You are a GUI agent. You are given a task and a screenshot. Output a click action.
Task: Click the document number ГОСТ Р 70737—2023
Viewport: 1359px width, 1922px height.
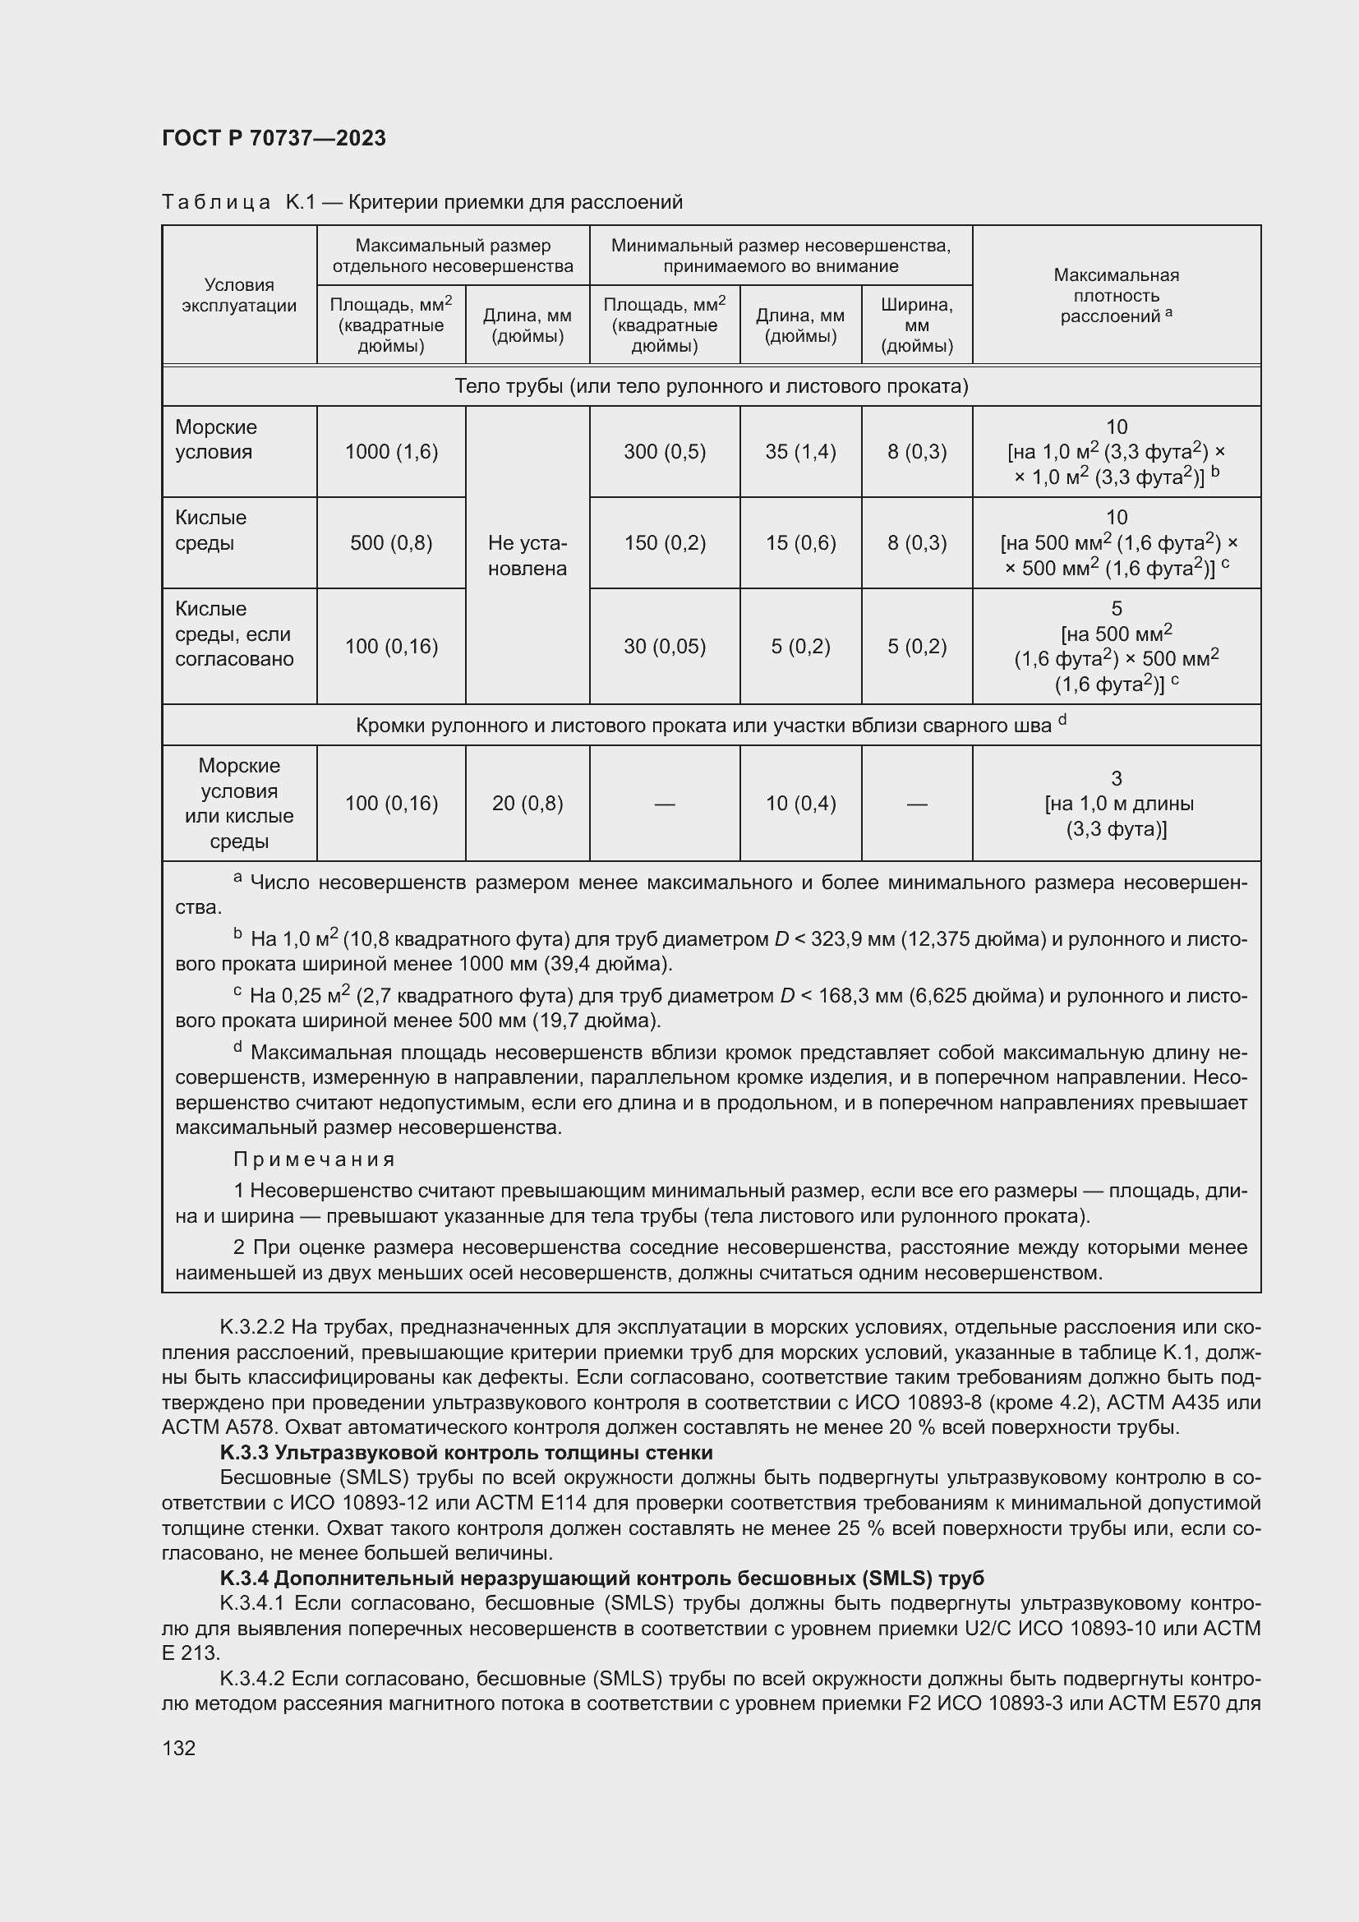point(274,138)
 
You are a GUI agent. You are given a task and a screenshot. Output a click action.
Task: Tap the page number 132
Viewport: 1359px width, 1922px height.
point(178,1748)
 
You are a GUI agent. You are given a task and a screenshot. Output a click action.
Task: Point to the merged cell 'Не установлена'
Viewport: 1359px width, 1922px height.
point(527,555)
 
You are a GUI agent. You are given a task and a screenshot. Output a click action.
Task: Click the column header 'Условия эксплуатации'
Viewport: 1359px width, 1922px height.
point(238,295)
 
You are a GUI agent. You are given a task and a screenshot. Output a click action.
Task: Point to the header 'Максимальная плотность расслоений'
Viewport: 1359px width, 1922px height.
point(1116,296)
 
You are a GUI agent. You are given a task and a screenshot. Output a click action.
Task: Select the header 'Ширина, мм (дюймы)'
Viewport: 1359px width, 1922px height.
point(916,325)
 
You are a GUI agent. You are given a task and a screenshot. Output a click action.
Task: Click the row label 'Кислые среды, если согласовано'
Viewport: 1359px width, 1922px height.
point(233,634)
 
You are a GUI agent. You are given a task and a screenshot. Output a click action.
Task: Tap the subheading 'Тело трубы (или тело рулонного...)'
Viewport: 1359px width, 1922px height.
point(711,386)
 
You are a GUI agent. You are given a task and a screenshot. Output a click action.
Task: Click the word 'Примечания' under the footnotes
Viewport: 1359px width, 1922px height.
point(314,1159)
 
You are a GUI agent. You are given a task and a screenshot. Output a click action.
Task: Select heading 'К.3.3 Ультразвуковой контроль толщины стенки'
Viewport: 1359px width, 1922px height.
point(466,1452)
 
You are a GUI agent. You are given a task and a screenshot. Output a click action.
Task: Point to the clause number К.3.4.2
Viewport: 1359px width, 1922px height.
point(252,1679)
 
